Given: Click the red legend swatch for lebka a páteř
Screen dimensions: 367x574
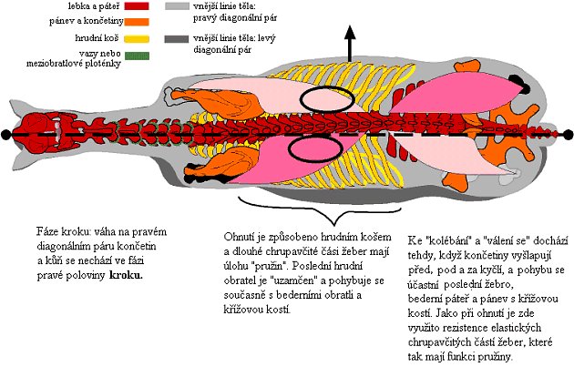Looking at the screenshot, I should pyautogui.click(x=128, y=7).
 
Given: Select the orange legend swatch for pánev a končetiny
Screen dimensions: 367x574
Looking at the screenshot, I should pyautogui.click(x=128, y=23).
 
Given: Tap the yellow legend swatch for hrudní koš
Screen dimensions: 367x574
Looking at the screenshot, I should pyautogui.click(x=128, y=40).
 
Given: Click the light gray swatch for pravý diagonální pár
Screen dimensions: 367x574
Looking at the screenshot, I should pyautogui.click(x=174, y=7).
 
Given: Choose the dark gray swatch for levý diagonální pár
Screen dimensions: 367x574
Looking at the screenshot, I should pyautogui.click(x=174, y=39).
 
